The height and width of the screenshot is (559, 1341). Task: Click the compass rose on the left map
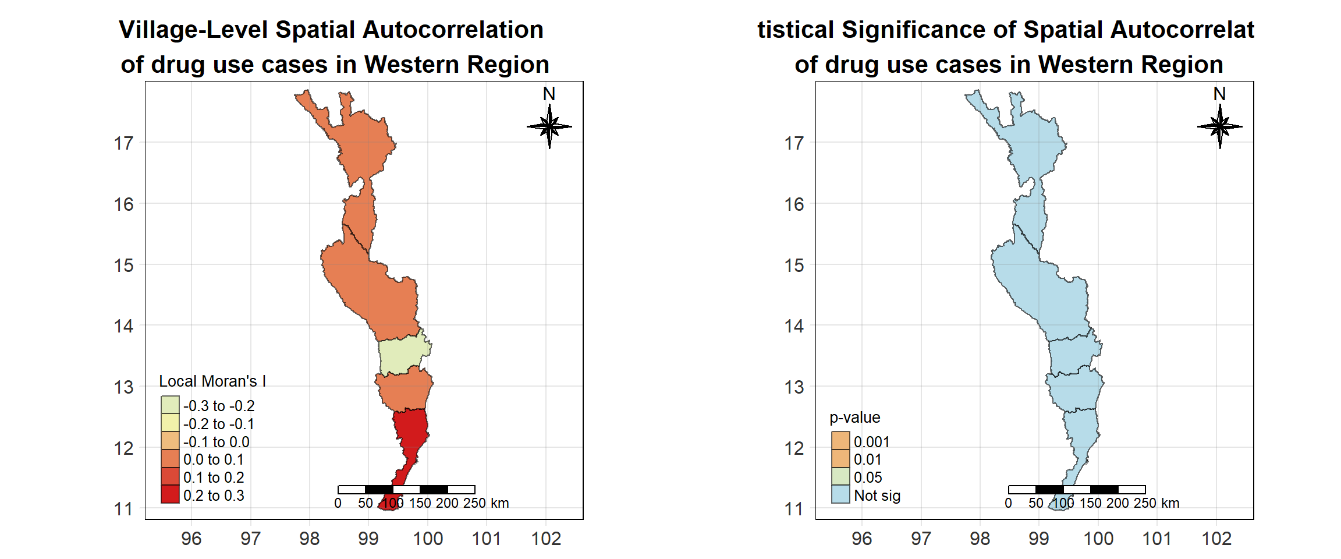coord(549,126)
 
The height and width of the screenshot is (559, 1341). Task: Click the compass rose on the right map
coord(1220,126)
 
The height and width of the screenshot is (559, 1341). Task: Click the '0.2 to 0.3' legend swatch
coord(170,494)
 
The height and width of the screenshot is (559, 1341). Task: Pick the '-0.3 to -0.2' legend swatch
coord(170,405)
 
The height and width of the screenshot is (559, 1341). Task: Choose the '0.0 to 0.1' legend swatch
coord(170,459)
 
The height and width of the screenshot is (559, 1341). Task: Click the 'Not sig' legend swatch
coord(840,494)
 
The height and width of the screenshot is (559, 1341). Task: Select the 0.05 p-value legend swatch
coord(840,477)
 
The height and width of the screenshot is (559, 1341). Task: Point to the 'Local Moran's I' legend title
coord(212,381)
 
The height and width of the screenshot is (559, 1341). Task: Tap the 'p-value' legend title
coord(854,418)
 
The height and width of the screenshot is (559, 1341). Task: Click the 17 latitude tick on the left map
coord(124,143)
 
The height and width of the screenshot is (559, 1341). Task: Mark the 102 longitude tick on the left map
coord(546,539)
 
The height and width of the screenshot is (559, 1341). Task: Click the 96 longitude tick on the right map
coord(861,539)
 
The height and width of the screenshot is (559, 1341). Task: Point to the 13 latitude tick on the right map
coord(794,387)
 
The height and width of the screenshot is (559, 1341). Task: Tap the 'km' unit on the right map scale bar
coord(1170,503)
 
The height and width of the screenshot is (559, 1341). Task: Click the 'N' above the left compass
coord(549,94)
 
